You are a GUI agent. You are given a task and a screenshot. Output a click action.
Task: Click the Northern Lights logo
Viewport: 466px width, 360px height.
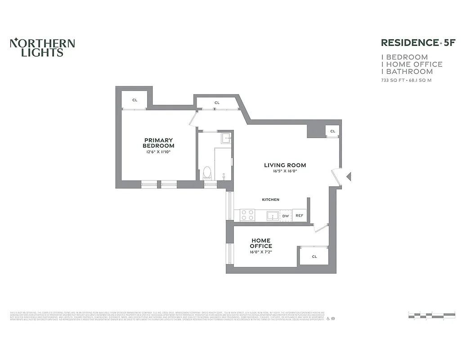click(x=42, y=47)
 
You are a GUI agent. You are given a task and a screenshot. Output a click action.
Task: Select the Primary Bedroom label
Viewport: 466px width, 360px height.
click(x=158, y=143)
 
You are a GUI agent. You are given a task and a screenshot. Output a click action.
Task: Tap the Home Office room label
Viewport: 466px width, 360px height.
click(x=261, y=243)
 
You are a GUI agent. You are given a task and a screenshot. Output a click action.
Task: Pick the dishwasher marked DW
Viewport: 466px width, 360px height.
click(x=285, y=216)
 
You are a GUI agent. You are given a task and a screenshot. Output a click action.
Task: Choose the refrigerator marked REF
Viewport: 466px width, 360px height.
click(x=299, y=216)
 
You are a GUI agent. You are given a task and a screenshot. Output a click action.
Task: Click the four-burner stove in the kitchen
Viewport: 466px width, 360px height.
click(x=247, y=215)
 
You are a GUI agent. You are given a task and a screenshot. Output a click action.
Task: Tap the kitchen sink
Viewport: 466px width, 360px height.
click(x=272, y=216)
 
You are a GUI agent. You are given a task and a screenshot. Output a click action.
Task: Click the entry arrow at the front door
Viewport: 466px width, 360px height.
click(x=348, y=176)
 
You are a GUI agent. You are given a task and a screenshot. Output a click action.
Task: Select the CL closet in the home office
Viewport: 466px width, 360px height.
click(x=314, y=256)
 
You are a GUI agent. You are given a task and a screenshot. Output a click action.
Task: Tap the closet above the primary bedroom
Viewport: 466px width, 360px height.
click(x=134, y=100)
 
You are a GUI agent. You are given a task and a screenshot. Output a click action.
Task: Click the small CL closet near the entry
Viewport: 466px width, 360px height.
click(x=332, y=131)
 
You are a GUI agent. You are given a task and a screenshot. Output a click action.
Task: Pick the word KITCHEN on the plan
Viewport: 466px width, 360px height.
click(x=271, y=199)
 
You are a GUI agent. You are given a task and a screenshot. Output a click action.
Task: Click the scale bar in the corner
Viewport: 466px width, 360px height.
click(x=431, y=315)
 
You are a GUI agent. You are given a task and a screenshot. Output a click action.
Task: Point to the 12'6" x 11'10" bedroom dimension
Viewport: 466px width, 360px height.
click(x=158, y=152)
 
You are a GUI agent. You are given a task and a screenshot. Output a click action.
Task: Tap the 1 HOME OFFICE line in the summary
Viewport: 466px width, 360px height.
click(x=412, y=64)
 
